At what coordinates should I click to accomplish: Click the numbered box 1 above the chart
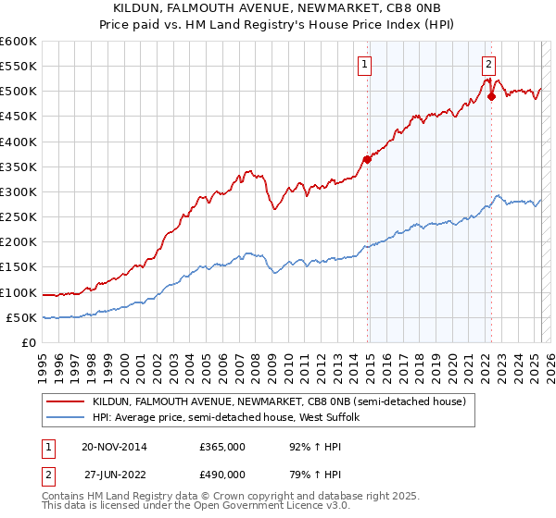[x=365, y=65]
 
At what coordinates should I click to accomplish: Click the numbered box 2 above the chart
[x=488, y=65]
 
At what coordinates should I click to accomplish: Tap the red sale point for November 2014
[x=367, y=159]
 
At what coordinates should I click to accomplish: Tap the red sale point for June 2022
[x=491, y=96]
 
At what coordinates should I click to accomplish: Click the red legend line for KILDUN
[x=65, y=401]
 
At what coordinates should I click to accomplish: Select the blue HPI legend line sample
[x=65, y=418]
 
